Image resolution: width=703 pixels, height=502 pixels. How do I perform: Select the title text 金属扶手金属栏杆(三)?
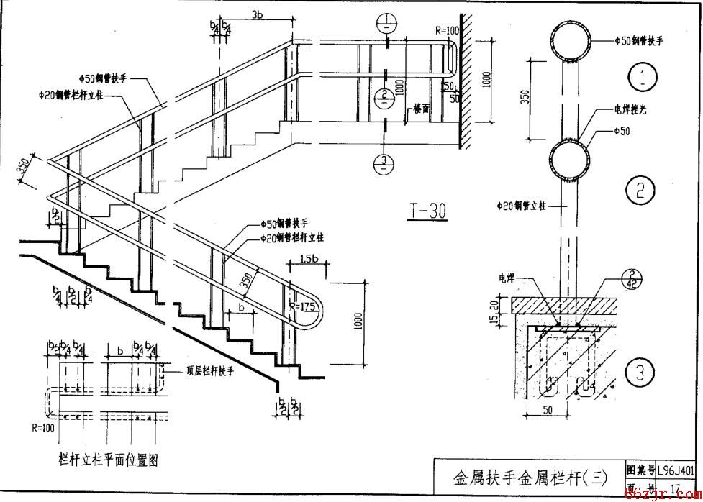(530, 477)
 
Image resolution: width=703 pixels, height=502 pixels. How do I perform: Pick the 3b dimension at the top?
(257, 13)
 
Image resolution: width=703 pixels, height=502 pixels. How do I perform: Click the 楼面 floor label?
(422, 110)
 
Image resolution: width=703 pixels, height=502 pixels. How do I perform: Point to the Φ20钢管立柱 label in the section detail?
(522, 206)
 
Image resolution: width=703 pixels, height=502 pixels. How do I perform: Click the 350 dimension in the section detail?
(525, 97)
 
